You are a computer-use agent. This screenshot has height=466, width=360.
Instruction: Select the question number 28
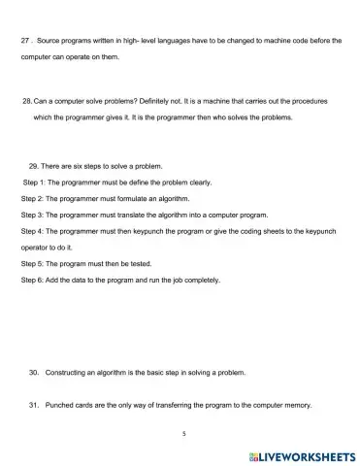pos(26,100)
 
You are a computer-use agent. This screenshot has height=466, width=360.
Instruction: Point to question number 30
pos(34,372)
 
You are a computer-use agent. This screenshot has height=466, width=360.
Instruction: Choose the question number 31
pos(34,406)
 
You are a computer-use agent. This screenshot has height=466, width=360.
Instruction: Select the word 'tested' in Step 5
pos(138,263)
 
